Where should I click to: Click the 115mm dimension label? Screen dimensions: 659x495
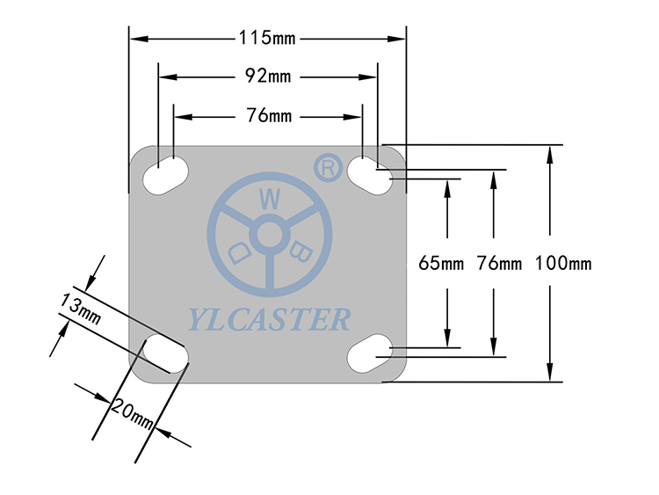[267, 38]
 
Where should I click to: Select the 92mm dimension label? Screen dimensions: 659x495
[268, 76]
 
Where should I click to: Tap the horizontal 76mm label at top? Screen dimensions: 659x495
[269, 115]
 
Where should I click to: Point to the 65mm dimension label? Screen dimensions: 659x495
[441, 263]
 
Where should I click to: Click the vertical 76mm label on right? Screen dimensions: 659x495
[499, 263]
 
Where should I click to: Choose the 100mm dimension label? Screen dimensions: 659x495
[563, 263]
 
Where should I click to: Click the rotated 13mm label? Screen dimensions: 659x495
[80, 309]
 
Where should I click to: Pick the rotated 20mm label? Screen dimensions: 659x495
[132, 414]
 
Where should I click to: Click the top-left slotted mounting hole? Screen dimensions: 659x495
[165, 175]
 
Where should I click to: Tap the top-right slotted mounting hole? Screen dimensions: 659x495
[370, 175]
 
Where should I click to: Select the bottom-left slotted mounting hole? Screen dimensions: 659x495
[165, 353]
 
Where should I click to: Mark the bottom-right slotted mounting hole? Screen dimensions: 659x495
[370, 353]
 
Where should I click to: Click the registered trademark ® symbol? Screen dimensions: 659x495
[329, 168]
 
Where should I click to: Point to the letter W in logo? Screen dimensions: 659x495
[270, 199]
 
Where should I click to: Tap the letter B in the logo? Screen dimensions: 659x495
[301, 251]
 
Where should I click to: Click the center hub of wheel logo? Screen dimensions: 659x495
[270, 235]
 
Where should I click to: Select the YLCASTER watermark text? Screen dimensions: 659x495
[269, 319]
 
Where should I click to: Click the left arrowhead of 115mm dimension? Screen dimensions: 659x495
[139, 39]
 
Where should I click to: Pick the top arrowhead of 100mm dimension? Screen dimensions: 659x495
[550, 155]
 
